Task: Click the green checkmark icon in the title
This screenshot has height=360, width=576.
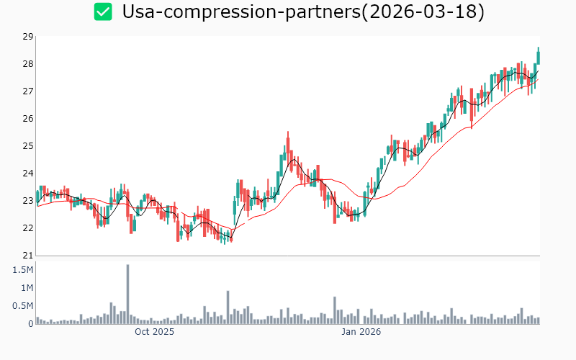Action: coord(104,12)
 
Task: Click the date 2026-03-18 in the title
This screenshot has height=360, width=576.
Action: coord(425,12)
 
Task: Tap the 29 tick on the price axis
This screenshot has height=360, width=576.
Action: coord(28,37)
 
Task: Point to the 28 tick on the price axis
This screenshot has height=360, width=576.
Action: coord(28,64)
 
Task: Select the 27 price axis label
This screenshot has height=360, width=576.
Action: coord(28,91)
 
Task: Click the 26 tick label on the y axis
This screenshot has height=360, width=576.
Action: coord(28,119)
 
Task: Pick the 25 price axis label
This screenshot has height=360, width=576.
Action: coord(28,146)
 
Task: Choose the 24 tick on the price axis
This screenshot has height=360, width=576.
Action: coord(28,174)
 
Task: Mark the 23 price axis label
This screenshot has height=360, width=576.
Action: coord(28,201)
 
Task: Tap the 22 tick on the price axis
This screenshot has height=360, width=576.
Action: coord(28,228)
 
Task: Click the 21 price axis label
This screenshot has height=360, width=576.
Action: coord(28,256)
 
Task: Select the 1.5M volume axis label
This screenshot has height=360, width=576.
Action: coord(23,270)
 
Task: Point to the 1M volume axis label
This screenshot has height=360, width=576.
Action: coord(26,288)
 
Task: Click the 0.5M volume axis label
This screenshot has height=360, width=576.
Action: coord(23,306)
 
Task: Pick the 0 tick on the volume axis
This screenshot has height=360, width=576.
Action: coord(30,324)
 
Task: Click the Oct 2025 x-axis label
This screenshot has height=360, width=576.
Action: coord(155,333)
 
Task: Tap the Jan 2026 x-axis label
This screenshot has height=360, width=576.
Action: coord(361,333)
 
